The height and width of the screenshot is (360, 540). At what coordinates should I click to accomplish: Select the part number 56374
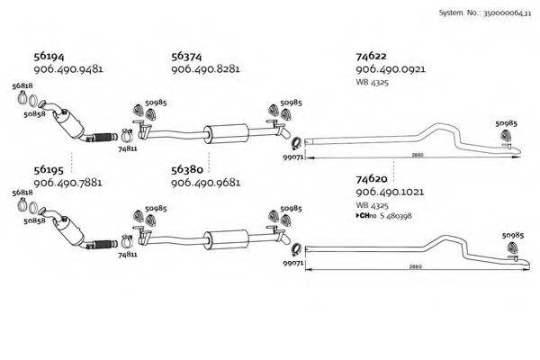[x=186, y=56]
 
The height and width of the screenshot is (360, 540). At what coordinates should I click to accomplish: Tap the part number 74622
[x=372, y=56]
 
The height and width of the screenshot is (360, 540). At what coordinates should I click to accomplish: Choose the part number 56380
[x=186, y=168]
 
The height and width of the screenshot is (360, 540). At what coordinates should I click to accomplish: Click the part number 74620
[x=372, y=179]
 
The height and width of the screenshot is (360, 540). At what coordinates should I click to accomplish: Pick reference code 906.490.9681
[x=205, y=182]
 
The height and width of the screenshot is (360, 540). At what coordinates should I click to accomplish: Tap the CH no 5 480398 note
[x=384, y=215]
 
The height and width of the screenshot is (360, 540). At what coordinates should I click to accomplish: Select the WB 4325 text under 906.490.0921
[x=372, y=83]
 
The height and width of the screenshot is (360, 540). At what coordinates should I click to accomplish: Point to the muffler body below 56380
[x=225, y=239]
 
